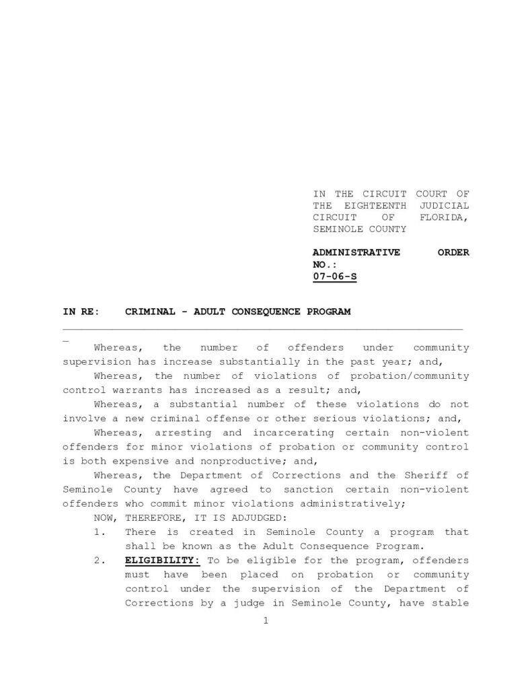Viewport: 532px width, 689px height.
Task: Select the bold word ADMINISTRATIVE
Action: point(356,252)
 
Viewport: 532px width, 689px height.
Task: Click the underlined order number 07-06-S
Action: point(334,276)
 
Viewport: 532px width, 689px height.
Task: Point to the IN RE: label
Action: point(81,312)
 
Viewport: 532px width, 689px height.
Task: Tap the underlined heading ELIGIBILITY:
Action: point(161,560)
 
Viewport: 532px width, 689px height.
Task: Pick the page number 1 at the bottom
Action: point(266,621)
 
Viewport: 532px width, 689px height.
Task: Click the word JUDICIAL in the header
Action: point(444,205)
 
